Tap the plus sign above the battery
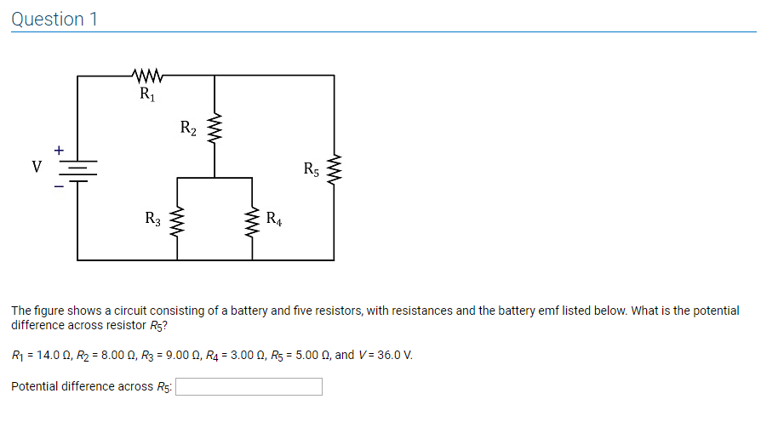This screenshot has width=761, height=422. [59, 150]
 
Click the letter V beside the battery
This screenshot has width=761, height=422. [37, 168]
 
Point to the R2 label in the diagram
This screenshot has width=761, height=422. [189, 129]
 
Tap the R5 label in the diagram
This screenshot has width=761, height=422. [312, 168]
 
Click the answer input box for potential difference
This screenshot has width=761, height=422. [249, 387]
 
